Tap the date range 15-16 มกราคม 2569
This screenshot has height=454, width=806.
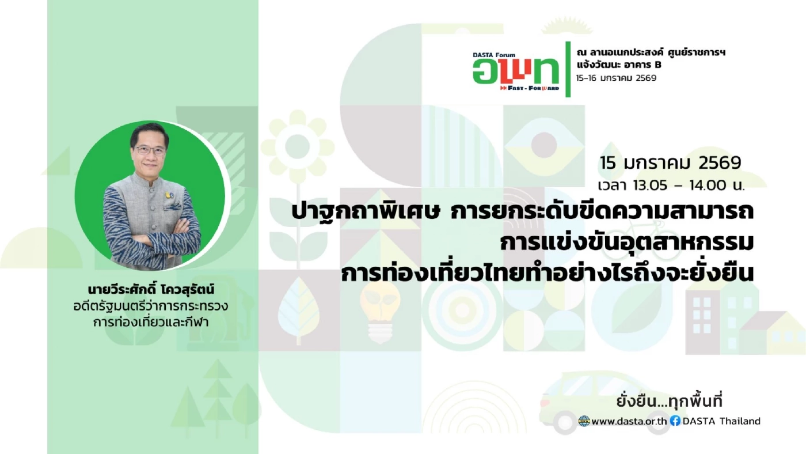[x=617, y=78]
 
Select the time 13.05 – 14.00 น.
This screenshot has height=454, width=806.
[x=671, y=186]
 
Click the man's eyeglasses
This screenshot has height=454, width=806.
[x=150, y=150]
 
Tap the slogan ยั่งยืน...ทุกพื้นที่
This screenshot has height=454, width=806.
[x=669, y=401]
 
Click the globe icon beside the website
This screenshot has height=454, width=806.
[x=584, y=421]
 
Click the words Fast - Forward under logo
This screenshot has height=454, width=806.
[x=529, y=88]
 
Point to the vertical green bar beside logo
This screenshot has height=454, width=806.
[x=568, y=69]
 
